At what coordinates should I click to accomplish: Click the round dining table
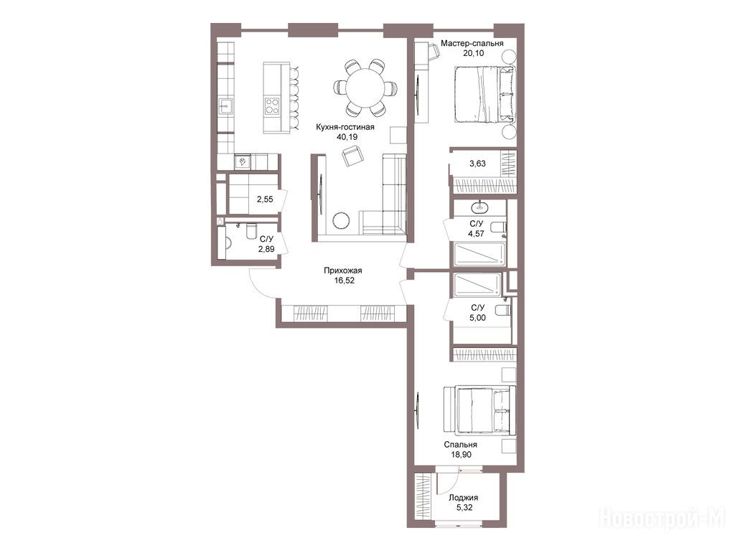(x=365, y=88)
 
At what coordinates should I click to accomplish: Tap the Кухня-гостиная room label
(x=345, y=127)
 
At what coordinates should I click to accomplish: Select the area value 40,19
(x=347, y=137)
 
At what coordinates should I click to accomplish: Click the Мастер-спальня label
(x=472, y=43)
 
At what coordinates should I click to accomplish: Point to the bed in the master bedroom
(x=484, y=94)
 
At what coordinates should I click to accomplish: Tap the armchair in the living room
(x=352, y=156)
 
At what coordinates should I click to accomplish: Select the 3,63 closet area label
(x=477, y=164)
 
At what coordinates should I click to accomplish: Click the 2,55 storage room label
(x=264, y=199)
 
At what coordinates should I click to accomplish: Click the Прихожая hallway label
(x=342, y=270)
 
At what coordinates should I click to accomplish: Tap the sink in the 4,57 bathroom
(x=479, y=207)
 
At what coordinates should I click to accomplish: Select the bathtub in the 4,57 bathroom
(x=479, y=255)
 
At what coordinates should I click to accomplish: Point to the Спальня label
(x=460, y=445)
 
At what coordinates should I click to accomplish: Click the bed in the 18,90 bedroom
(x=479, y=408)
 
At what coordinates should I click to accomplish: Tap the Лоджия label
(x=463, y=498)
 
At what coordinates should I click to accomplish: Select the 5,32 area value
(x=464, y=508)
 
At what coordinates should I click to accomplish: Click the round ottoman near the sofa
(x=340, y=220)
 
